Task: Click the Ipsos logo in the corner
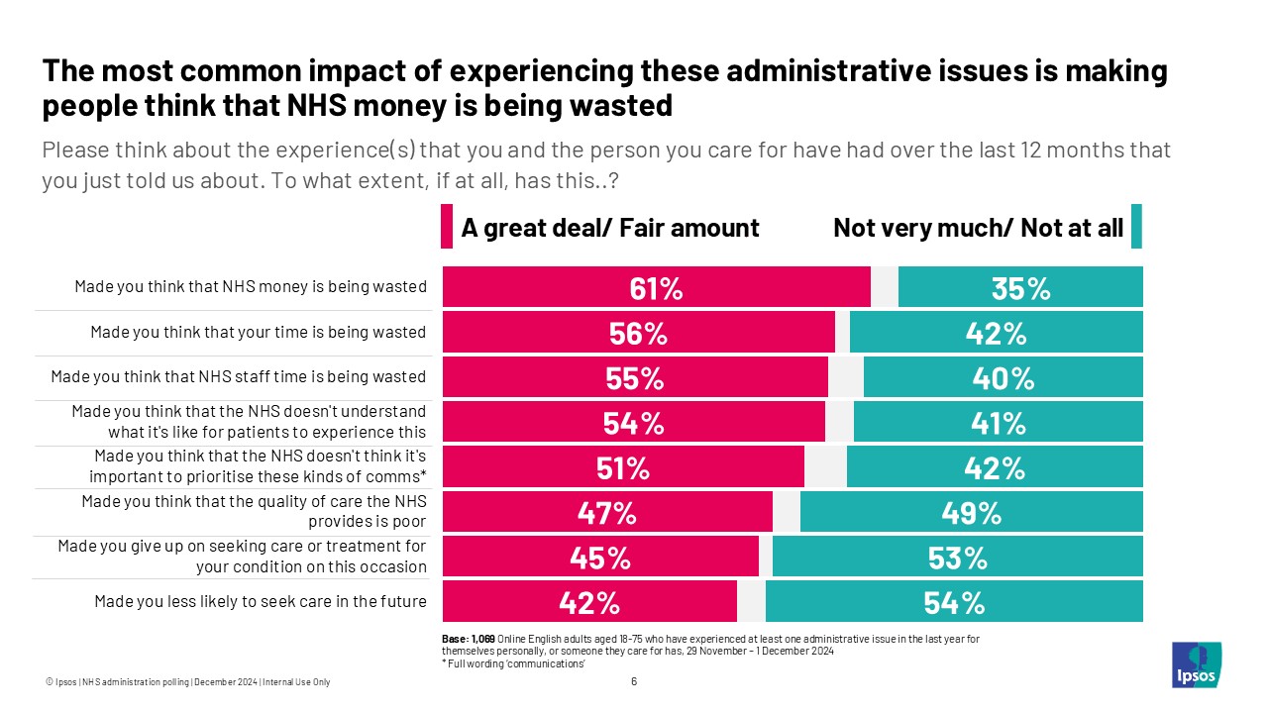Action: (x=1196, y=664)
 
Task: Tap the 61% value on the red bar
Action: (x=656, y=288)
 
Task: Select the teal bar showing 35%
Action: (x=1020, y=288)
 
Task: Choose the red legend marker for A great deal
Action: (x=447, y=227)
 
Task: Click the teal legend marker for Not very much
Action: (x=1136, y=227)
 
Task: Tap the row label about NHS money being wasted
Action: (x=251, y=287)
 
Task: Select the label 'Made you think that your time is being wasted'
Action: (x=259, y=332)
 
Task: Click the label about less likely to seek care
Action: (x=261, y=600)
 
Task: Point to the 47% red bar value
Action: (x=606, y=513)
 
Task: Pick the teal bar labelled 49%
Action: (x=972, y=513)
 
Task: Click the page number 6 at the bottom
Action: (x=634, y=681)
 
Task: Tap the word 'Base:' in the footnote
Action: (x=454, y=639)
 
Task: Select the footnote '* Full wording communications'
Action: (x=513, y=663)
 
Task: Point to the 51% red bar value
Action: (x=622, y=467)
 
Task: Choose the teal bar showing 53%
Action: (x=958, y=558)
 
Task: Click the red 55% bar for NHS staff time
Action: (x=635, y=377)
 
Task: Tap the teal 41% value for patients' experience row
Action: (x=998, y=423)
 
